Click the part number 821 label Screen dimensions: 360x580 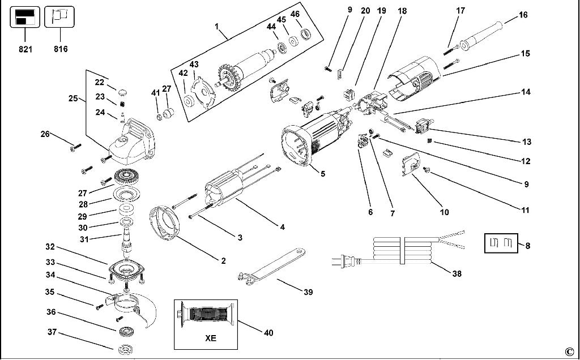point(25,49)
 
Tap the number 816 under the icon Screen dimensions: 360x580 point(61,49)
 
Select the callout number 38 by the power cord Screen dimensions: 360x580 point(457,274)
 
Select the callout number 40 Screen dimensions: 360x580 point(268,333)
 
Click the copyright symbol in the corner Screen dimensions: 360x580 point(569,350)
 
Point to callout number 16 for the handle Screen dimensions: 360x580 point(523,15)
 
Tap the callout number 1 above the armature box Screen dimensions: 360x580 point(216,25)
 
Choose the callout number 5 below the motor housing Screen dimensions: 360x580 point(322,174)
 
